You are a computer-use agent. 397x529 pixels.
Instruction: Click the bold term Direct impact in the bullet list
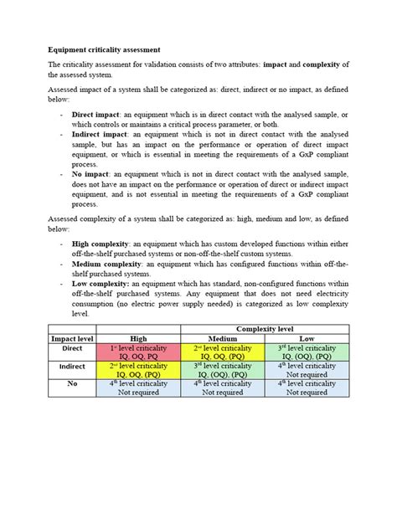pos(95,110)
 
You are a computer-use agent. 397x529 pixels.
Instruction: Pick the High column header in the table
pos(139,338)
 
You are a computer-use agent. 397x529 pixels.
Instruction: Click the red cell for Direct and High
pos(139,352)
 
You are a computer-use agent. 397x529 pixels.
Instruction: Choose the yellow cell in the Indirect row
pos(139,370)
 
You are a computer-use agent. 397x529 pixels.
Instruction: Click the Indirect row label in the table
pos(73,366)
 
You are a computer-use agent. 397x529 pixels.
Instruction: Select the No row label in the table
pos(73,384)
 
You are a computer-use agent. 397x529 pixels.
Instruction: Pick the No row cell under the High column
pos(139,388)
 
